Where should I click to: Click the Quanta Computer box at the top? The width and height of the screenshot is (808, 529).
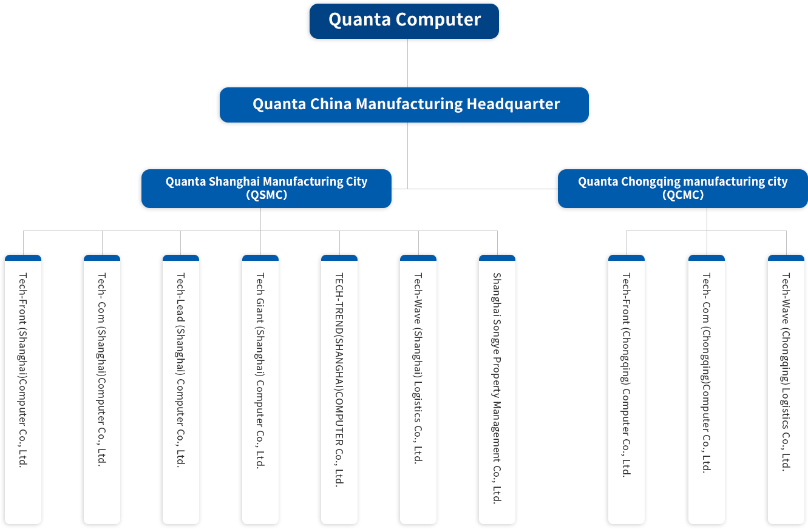click(x=404, y=22)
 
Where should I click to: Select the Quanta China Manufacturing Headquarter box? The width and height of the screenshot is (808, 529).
click(x=404, y=105)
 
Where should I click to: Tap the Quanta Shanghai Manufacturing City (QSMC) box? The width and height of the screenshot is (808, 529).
click(x=266, y=189)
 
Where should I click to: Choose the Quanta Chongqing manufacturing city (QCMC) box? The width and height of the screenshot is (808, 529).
click(x=682, y=189)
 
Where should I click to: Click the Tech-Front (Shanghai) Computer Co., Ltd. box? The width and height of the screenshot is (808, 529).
click(x=23, y=388)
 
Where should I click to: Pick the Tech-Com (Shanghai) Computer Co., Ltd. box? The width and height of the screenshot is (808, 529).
click(x=102, y=388)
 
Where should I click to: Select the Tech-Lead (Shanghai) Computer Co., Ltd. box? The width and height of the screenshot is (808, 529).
click(x=180, y=388)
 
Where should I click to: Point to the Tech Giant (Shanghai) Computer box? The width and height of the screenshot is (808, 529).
click(x=260, y=388)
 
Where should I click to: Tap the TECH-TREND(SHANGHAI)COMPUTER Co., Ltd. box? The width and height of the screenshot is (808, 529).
click(x=339, y=388)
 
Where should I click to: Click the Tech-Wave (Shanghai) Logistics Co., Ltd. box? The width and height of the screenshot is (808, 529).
click(x=418, y=388)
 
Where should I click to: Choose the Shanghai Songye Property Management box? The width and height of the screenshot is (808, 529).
click(x=497, y=388)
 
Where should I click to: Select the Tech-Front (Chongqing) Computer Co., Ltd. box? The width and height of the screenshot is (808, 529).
click(x=626, y=388)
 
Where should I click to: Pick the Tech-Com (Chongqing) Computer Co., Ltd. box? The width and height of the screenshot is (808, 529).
click(x=707, y=388)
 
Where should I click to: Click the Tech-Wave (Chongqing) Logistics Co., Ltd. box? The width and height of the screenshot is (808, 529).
click(x=786, y=388)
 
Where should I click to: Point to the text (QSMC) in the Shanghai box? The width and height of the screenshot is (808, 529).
click(x=266, y=195)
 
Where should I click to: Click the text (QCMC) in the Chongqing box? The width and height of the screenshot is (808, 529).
click(x=682, y=195)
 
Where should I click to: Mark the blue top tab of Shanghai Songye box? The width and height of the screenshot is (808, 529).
click(x=497, y=258)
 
